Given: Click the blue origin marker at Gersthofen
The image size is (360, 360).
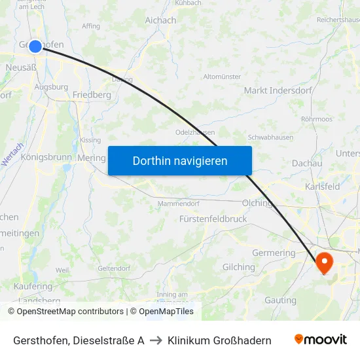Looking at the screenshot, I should pos(35,46).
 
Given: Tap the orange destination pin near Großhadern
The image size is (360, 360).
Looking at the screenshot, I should pos(324,262).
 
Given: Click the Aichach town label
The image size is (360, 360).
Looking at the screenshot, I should pos(160,20).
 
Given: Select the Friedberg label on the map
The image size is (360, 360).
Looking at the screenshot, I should pos(92,95).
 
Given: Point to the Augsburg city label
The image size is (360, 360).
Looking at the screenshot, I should pos(51,86).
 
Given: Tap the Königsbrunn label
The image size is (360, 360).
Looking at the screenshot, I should pos(45,158).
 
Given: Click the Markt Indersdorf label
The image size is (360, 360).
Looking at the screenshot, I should pos(278,90).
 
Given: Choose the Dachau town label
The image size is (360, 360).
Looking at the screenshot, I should pos(307,163).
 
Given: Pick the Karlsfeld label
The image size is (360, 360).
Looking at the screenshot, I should pos(322,187).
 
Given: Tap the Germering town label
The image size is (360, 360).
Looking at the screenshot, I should pos(274,253).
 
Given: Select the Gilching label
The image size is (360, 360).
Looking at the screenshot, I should pos(239,267).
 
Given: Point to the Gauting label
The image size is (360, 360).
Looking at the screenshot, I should pos(280,300).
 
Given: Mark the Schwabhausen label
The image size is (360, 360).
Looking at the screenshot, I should pos(270,137).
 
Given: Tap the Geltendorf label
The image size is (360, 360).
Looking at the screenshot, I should pos(114,268).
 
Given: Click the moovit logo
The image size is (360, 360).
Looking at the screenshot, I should pos(321,340).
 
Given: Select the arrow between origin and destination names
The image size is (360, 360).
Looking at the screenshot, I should pos(156,340).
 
